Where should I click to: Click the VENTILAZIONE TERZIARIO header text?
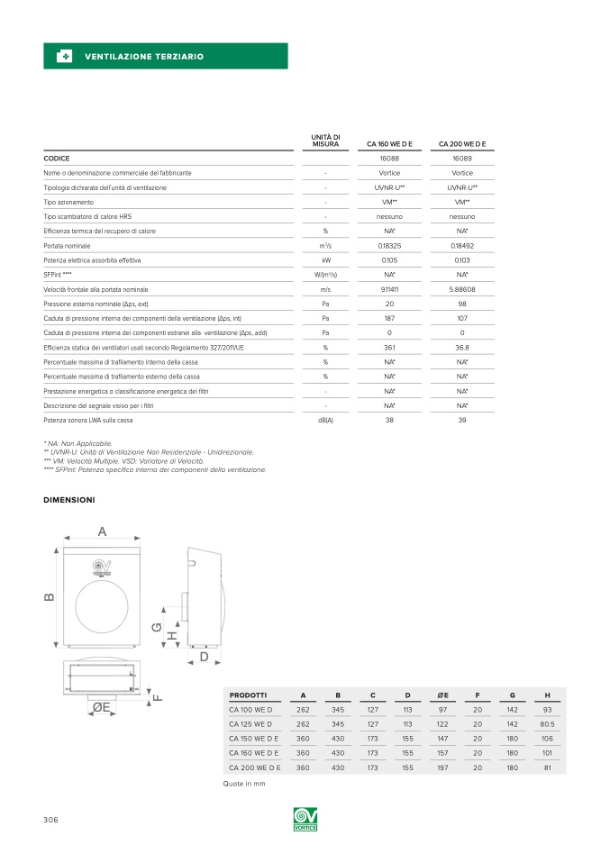click(x=143, y=57)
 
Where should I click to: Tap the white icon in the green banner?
click(x=64, y=57)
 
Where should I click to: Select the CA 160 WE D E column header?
click(x=389, y=143)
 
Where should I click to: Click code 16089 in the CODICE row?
click(x=462, y=158)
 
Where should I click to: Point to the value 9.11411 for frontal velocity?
click(x=389, y=289)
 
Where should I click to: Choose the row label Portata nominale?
click(x=67, y=245)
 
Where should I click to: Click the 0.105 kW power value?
click(x=389, y=259)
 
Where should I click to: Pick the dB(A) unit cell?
click(x=324, y=421)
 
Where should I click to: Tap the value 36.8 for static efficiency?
click(x=462, y=347)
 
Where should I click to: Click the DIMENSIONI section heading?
click(x=69, y=499)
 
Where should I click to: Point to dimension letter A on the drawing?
click(x=102, y=532)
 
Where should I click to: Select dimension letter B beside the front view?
click(x=50, y=596)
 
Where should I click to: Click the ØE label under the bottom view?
click(x=101, y=708)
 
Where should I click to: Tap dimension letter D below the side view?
click(x=205, y=658)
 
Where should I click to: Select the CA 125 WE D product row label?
click(x=250, y=723)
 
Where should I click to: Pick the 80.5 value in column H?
click(x=547, y=723)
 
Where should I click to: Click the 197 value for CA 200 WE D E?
click(x=442, y=767)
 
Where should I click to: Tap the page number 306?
click(x=50, y=819)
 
